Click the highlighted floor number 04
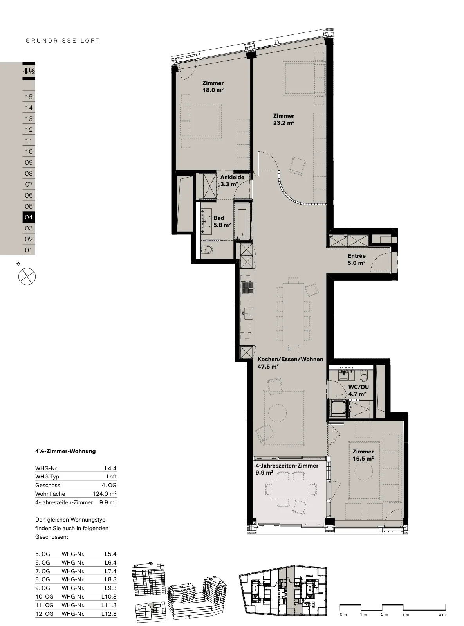tap(29, 217)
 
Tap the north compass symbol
tap(27, 276)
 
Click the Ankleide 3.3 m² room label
tap(232, 181)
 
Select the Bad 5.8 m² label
tap(222, 221)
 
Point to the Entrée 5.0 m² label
tap(356, 259)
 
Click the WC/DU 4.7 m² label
tap(358, 390)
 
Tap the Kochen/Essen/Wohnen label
tap(290, 359)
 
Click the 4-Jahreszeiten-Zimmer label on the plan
tap(287, 466)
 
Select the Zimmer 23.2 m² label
tap(284, 119)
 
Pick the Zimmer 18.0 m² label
tap(213, 86)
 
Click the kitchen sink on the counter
tap(248, 313)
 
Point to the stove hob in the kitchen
tap(248, 288)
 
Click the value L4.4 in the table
tap(110, 468)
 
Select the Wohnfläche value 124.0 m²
tap(105, 494)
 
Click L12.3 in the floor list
tap(109, 613)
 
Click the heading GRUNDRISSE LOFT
tap(62, 41)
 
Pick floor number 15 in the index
tap(29, 97)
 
